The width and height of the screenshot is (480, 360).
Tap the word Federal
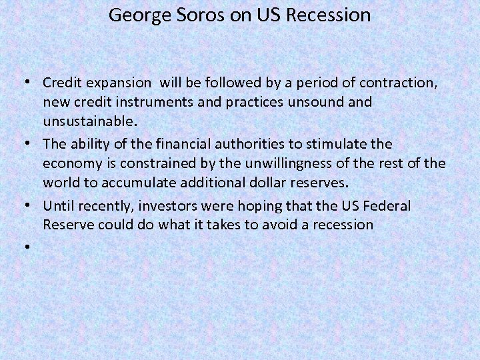pos(387,205)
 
